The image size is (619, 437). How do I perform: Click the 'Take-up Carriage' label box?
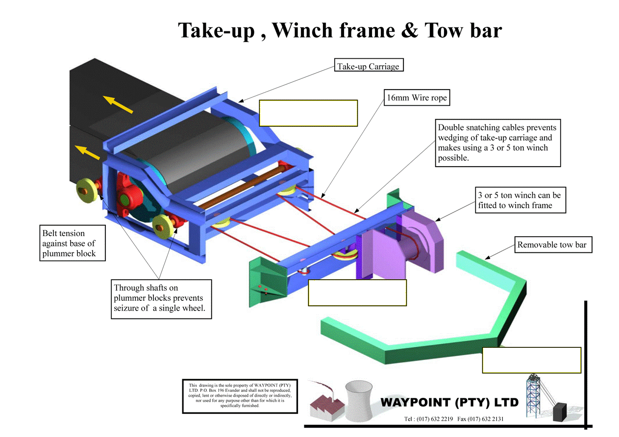coord(369,66)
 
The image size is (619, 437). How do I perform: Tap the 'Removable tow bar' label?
coord(553,244)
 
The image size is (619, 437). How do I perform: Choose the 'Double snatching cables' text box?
coord(497,143)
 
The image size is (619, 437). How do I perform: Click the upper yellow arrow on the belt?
coord(119,104)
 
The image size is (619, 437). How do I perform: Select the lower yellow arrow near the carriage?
coord(87,152)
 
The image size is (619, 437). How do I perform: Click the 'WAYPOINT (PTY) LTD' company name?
coord(449,403)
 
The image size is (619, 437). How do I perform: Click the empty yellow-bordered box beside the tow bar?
coord(532,360)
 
